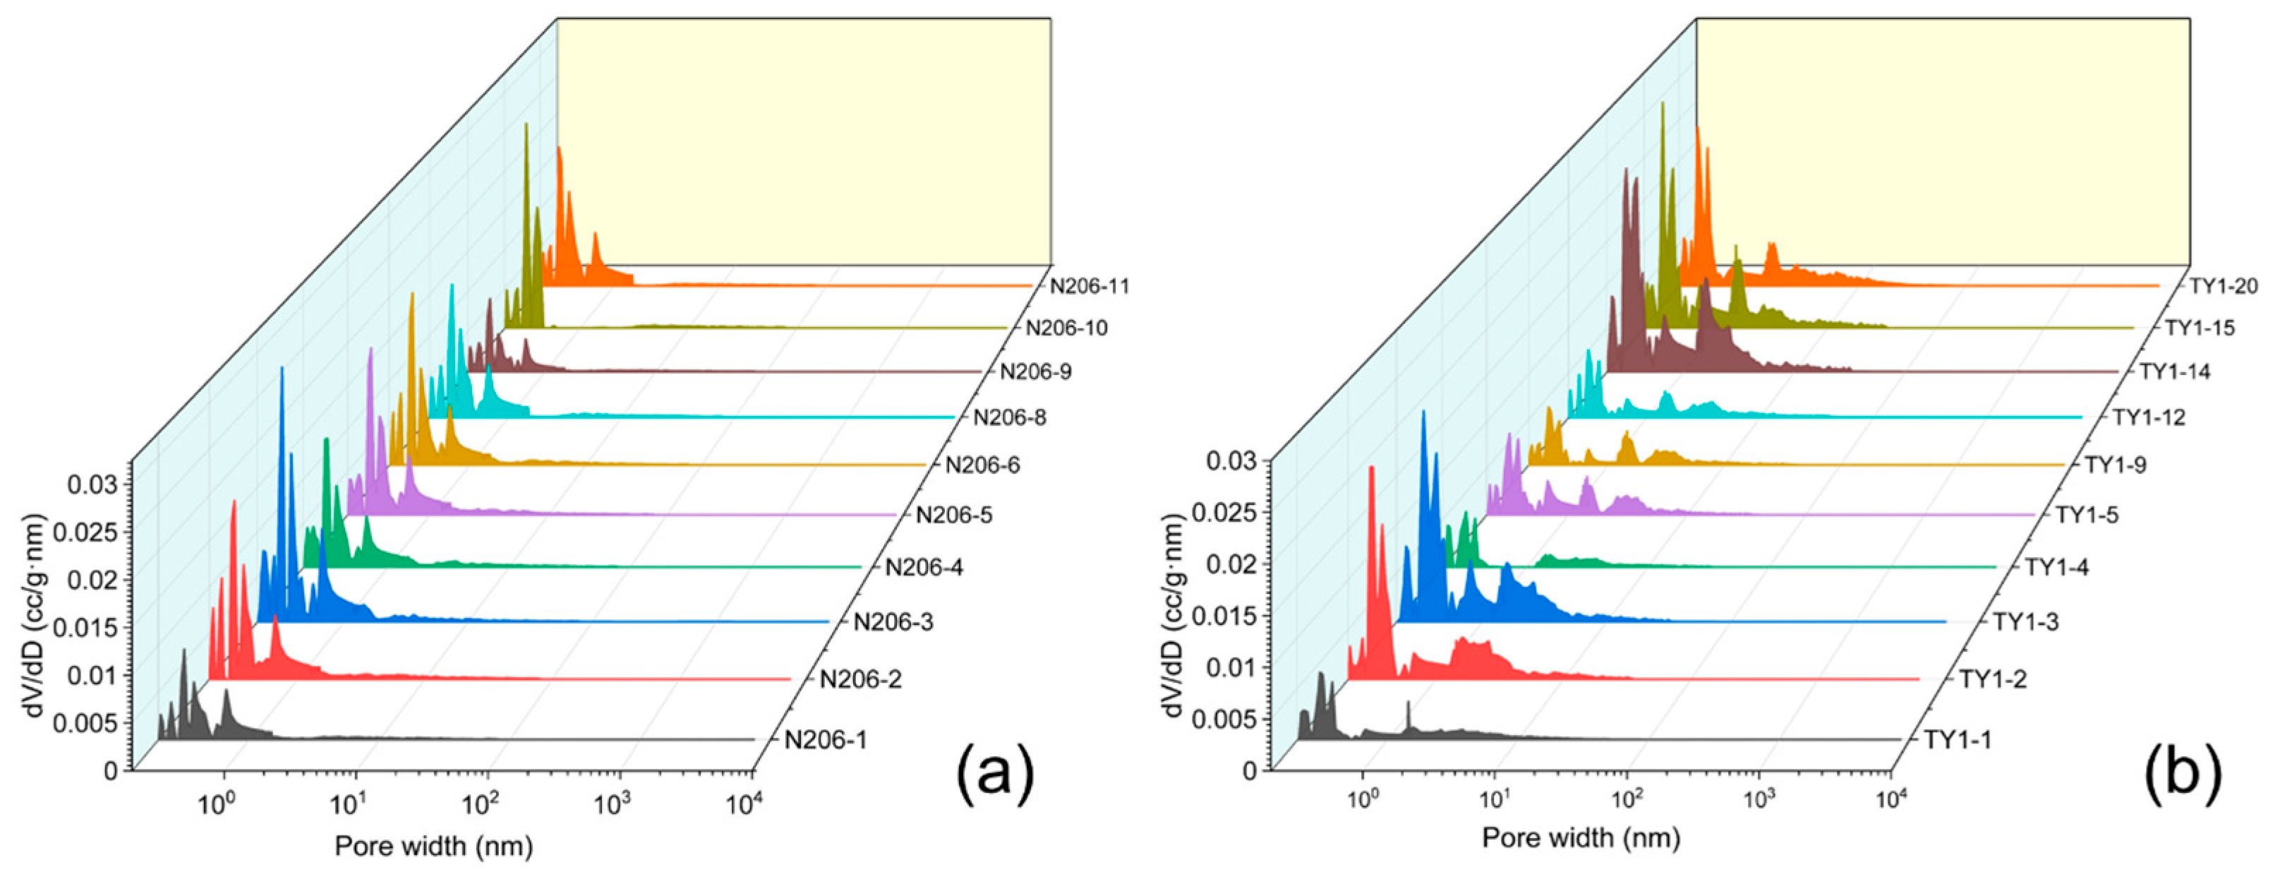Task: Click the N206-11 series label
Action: click(1089, 286)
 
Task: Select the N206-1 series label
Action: click(826, 740)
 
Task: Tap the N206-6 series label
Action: click(982, 465)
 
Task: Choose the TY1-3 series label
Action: click(2026, 622)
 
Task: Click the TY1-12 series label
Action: click(2149, 417)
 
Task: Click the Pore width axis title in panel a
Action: click(433, 846)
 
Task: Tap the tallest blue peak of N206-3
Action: click(282, 371)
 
